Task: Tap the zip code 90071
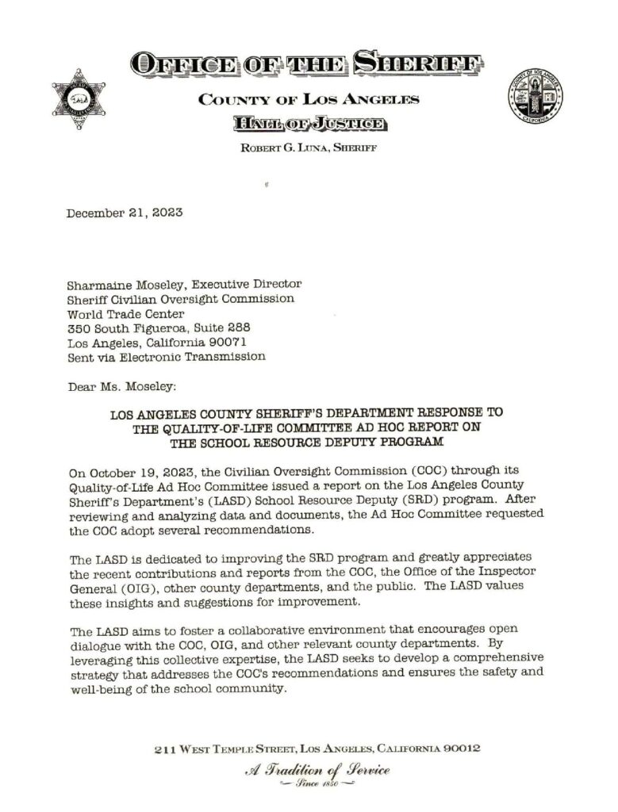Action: point(228,342)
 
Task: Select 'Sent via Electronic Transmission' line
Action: point(166,357)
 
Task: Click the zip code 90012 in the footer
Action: point(455,749)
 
